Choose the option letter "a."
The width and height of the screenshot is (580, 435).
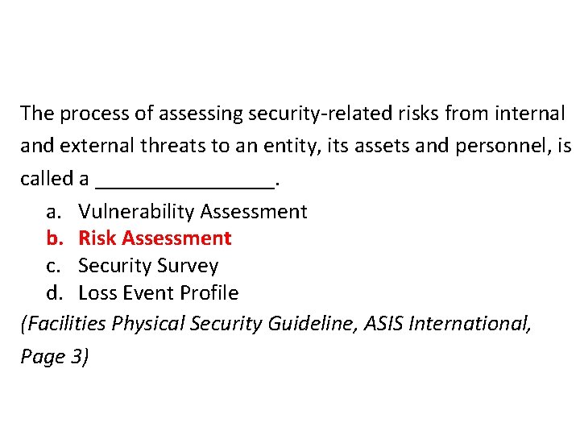[54, 212]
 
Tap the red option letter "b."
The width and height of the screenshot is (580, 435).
[54, 238]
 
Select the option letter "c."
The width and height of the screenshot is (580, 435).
[53, 266]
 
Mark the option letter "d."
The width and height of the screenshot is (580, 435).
[54, 292]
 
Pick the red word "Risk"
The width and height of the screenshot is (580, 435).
[97, 238]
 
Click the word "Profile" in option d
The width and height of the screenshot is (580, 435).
[209, 292]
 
